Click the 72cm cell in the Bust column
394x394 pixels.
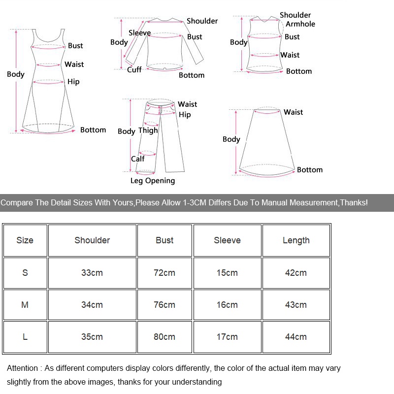164,273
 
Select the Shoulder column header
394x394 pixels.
92,240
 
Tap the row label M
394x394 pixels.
25,305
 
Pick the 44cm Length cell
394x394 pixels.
296,337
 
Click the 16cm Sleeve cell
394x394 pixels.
227,305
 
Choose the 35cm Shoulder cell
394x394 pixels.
92,337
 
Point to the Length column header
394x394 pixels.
296,240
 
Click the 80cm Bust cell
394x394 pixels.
164,337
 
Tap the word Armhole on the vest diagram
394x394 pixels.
300,24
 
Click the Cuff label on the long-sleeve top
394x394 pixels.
134,69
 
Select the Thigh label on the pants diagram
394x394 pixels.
148,131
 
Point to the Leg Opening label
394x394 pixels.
153,181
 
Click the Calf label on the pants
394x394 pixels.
138,159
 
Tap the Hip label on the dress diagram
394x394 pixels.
73,82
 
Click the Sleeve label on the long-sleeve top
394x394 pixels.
140,33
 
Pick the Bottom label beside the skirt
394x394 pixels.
310,169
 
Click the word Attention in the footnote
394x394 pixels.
22,368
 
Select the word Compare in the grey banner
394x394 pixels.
17,202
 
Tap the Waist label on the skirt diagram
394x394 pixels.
293,112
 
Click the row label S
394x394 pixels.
25,273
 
